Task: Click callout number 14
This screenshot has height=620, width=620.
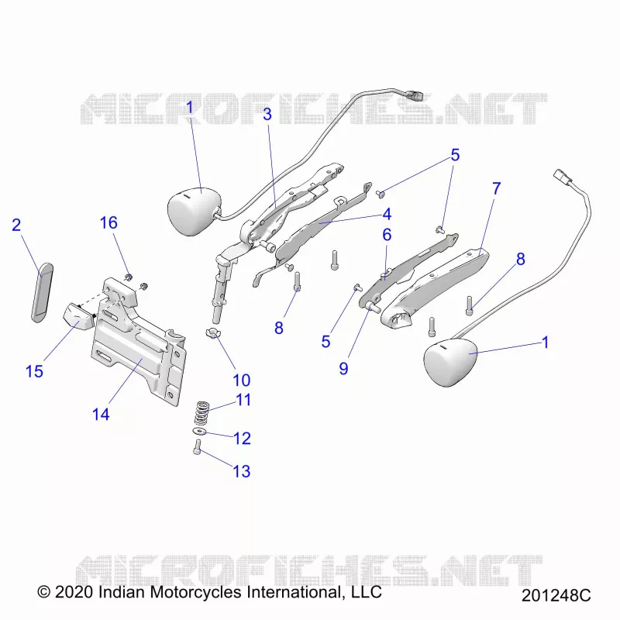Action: (101, 415)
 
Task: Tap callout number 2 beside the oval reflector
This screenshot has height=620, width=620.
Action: (16, 225)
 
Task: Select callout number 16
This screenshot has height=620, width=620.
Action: (108, 222)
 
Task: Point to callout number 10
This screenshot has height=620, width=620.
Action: (241, 381)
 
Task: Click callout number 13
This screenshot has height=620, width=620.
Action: (241, 471)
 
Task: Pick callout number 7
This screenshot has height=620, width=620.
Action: (497, 188)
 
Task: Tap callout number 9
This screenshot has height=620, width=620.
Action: (343, 369)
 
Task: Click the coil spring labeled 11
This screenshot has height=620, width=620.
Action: (202, 413)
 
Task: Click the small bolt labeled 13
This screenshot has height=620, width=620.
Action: (198, 447)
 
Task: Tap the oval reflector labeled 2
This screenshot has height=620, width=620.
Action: (42, 293)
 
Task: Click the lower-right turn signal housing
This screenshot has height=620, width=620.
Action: (450, 362)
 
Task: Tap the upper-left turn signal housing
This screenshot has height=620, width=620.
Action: (194, 211)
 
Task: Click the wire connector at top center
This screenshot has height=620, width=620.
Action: (413, 95)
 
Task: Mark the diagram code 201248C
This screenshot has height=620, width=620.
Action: (556, 595)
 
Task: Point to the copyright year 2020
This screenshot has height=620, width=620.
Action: (74, 592)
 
